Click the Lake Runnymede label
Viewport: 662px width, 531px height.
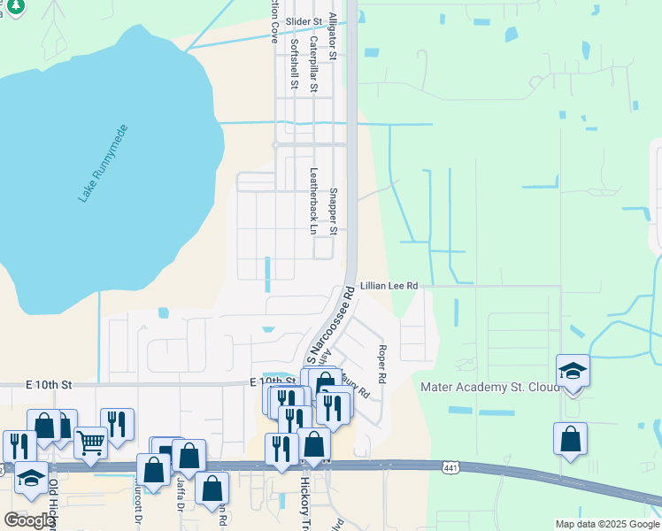[x=103, y=164]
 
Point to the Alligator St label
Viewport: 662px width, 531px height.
[x=333, y=35]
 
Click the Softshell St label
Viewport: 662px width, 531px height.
[x=294, y=63]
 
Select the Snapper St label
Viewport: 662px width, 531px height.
[x=334, y=211]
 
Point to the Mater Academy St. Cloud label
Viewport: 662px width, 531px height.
[x=489, y=387]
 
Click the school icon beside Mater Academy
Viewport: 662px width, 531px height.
[x=573, y=371]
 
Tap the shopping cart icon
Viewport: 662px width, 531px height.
[x=90, y=441]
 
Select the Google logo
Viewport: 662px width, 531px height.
[x=28, y=520]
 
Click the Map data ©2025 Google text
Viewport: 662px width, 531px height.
[x=606, y=524]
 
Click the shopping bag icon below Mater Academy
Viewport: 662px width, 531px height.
[x=571, y=438]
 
